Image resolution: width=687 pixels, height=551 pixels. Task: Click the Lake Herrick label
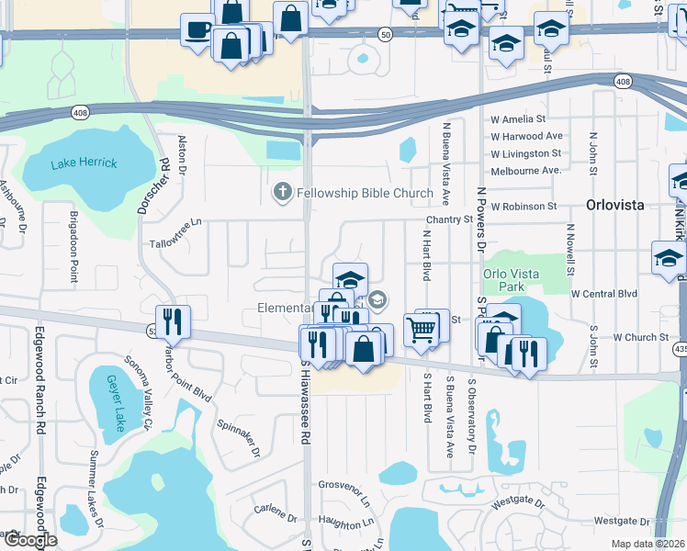point(84,163)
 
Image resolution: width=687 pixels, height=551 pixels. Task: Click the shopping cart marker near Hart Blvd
point(421,328)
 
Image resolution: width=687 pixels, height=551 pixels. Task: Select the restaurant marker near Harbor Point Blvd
point(173,321)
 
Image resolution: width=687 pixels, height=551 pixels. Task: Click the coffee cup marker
point(197,30)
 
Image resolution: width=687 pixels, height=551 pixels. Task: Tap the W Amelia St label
point(518,119)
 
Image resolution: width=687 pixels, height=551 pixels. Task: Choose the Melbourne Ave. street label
point(526,171)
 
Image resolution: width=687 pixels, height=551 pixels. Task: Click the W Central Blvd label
point(603,294)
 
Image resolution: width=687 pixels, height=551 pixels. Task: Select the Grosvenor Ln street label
point(343,484)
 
